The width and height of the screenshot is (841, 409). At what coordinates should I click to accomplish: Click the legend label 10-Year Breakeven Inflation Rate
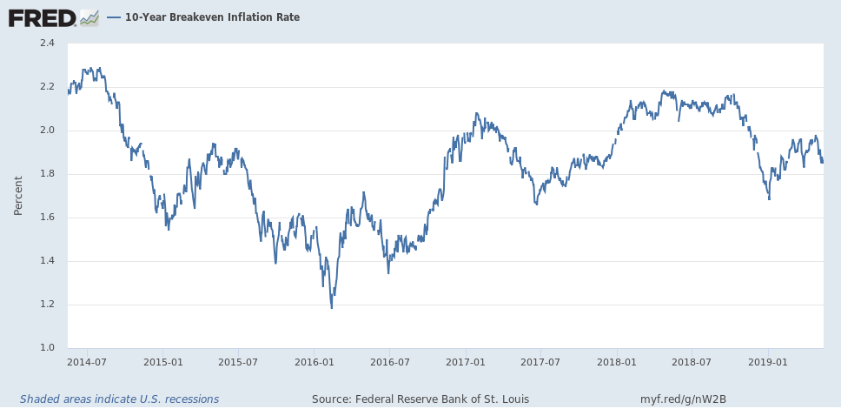point(212,17)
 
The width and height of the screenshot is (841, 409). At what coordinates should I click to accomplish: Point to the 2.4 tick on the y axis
point(46,44)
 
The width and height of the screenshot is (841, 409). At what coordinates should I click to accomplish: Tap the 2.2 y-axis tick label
point(46,87)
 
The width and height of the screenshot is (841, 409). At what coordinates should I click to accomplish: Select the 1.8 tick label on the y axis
point(46,174)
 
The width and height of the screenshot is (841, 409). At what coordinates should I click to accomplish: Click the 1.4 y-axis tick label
point(46,261)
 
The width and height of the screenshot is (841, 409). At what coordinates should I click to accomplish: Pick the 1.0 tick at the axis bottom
point(46,348)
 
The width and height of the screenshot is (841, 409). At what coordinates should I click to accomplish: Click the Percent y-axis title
point(18,196)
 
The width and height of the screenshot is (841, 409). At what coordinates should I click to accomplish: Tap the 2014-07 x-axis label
point(87,361)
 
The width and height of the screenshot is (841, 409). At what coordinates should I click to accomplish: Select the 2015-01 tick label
point(162,361)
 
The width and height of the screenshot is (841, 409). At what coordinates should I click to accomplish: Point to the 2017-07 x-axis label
point(540,361)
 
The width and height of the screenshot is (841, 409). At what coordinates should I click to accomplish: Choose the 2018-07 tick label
point(692,361)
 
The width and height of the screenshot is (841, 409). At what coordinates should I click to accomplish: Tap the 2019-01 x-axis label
point(768,361)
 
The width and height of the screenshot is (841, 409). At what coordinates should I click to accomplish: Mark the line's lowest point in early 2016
point(331,307)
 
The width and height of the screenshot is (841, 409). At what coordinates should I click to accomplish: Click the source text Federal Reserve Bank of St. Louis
point(420,399)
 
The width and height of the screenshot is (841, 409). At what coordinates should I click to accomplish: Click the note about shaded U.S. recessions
point(120,399)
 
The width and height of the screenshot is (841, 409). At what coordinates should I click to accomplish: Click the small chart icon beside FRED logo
point(89,17)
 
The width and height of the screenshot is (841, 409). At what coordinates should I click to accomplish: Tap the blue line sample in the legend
point(114,17)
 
